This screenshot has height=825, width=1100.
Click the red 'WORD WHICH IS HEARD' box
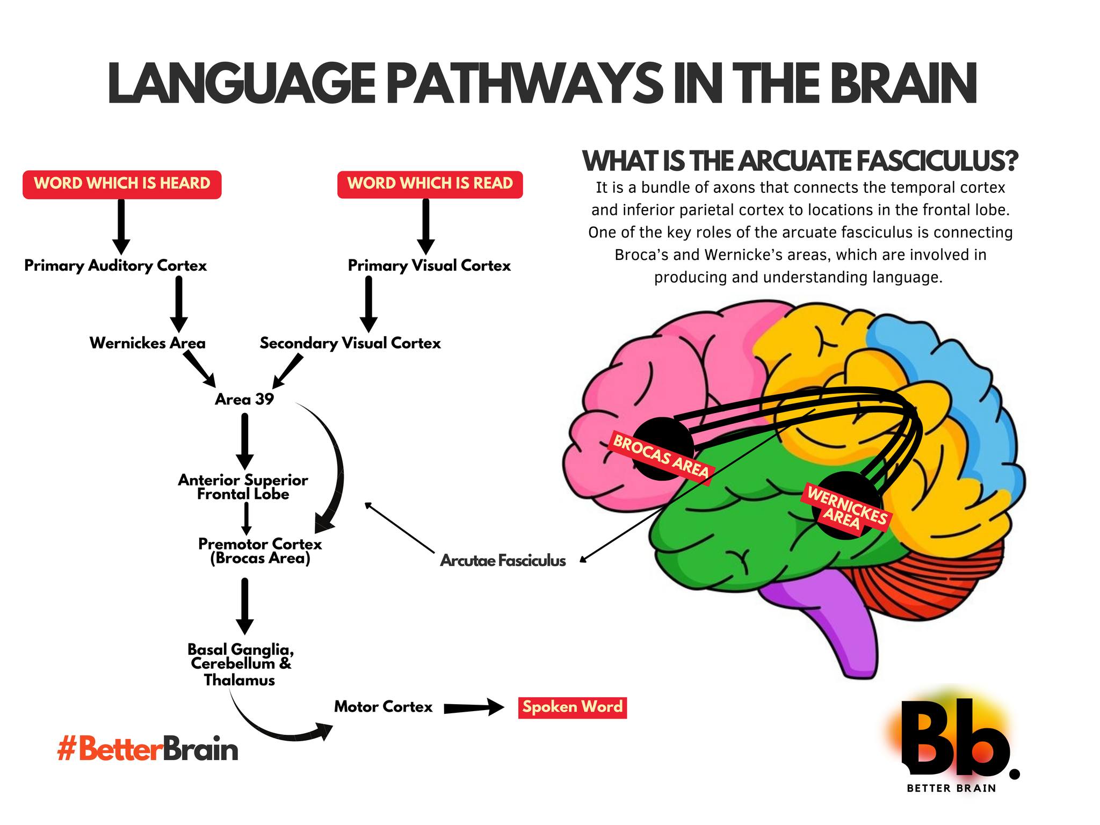tap(122, 184)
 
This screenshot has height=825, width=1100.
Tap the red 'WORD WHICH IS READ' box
tap(430, 184)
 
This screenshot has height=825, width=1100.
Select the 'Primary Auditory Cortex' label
tap(115, 266)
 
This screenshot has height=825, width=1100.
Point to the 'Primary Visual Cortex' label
tap(429, 266)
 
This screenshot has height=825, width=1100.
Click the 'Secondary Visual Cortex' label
tap(350, 343)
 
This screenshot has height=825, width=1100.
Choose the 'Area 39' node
tap(244, 399)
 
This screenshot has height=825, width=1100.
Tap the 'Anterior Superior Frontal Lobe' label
tap(243, 487)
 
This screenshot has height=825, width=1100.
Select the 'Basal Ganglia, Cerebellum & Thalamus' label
tap(240, 665)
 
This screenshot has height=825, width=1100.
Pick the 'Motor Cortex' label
tap(383, 707)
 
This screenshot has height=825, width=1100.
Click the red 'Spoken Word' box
tap(573, 707)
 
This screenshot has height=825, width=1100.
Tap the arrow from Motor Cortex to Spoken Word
tap(474, 708)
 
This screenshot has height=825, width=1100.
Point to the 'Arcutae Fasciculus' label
tap(503, 561)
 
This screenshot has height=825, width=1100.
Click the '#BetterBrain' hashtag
tap(148, 749)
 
